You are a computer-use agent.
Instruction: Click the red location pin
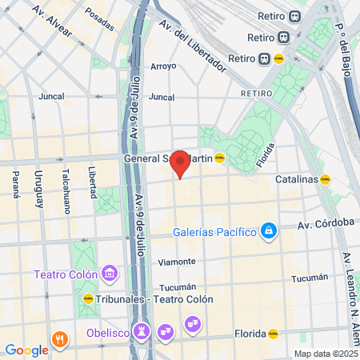click(x=181, y=163)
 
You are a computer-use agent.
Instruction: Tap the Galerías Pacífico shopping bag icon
click(x=269, y=232)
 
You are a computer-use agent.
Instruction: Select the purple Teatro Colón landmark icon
click(x=110, y=274)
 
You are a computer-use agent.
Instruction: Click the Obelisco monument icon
click(x=142, y=330)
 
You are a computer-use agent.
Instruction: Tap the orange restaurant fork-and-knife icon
click(x=60, y=339)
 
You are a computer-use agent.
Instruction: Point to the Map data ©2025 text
click(x=325, y=354)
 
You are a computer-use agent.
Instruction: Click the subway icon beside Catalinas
click(x=325, y=180)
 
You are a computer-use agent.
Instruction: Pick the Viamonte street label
click(x=177, y=262)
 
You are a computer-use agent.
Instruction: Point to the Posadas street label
click(x=99, y=15)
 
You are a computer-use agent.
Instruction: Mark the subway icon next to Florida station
click(x=273, y=334)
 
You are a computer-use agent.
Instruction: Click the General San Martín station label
click(x=168, y=158)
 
